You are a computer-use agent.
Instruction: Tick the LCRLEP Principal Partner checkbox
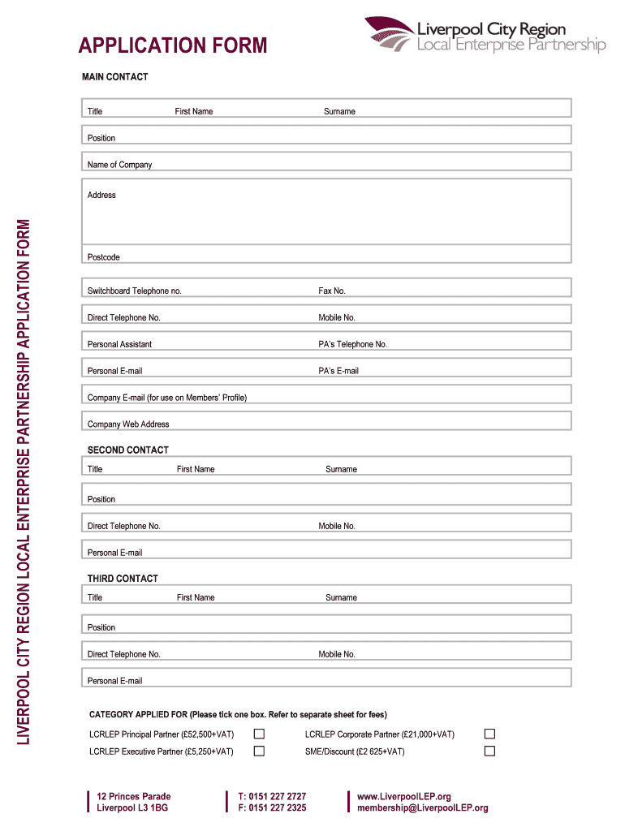coord(259,734)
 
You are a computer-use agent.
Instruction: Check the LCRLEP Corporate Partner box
coord(489,734)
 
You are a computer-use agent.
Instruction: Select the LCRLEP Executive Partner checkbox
coord(259,751)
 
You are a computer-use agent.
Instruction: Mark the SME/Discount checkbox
coord(489,751)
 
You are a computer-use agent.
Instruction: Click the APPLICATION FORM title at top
coord(173,45)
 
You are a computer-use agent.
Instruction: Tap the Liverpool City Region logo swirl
coord(389,35)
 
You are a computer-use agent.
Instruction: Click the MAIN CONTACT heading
coord(114,77)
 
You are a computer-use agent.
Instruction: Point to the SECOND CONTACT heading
coord(128,450)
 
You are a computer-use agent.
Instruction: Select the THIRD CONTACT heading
coord(123,579)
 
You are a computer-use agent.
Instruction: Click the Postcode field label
coord(103,257)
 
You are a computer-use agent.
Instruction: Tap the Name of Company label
coord(119,165)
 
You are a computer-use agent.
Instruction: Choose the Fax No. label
coord(332,291)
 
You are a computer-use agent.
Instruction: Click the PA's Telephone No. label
coord(352,344)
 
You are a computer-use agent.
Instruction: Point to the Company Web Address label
coord(128,424)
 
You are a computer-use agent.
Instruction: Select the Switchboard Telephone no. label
coord(135,291)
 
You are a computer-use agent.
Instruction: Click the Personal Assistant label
coord(119,344)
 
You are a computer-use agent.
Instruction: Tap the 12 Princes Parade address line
coord(134,796)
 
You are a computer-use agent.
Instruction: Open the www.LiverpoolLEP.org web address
coord(404,796)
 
